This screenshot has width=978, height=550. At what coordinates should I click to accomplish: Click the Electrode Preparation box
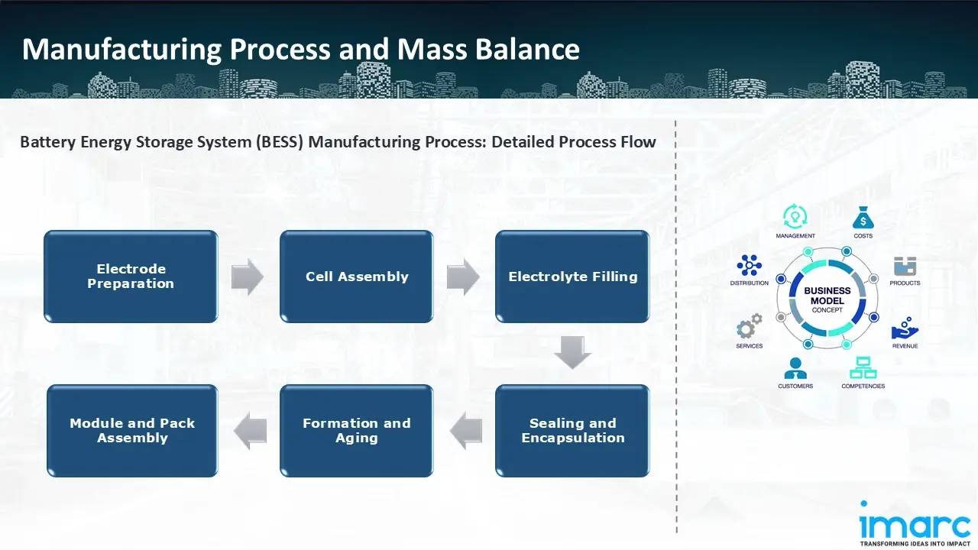tap(131, 277)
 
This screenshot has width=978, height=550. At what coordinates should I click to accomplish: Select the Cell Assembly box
tap(357, 277)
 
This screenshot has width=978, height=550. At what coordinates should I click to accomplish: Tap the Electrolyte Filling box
tap(572, 277)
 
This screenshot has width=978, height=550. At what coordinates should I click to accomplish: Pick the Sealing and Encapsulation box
tap(572, 431)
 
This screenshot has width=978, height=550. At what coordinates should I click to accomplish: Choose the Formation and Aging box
tap(357, 431)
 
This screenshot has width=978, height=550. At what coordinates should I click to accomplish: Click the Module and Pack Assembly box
tap(132, 431)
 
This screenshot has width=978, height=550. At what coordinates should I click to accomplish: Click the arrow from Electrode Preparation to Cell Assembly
tap(248, 277)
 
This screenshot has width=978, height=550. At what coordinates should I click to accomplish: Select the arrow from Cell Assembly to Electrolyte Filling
tap(463, 277)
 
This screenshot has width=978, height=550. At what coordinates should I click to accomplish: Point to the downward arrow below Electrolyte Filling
tap(572, 352)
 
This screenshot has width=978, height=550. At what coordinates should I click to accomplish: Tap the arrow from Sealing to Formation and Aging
tap(465, 431)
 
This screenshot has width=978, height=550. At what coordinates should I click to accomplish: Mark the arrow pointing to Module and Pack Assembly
tap(250, 431)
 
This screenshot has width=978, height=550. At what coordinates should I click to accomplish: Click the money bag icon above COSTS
tap(863, 218)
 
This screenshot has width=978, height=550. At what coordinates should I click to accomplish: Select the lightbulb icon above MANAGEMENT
tap(795, 217)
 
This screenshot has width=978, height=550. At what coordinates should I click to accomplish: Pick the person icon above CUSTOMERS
tap(795, 368)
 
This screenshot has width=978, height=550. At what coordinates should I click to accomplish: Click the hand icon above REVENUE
tap(905, 328)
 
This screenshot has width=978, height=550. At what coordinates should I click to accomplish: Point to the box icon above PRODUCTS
tap(905, 267)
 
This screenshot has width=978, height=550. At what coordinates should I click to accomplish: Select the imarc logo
tap(915, 526)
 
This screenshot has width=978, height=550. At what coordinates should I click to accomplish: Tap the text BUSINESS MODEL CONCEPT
tap(827, 300)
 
